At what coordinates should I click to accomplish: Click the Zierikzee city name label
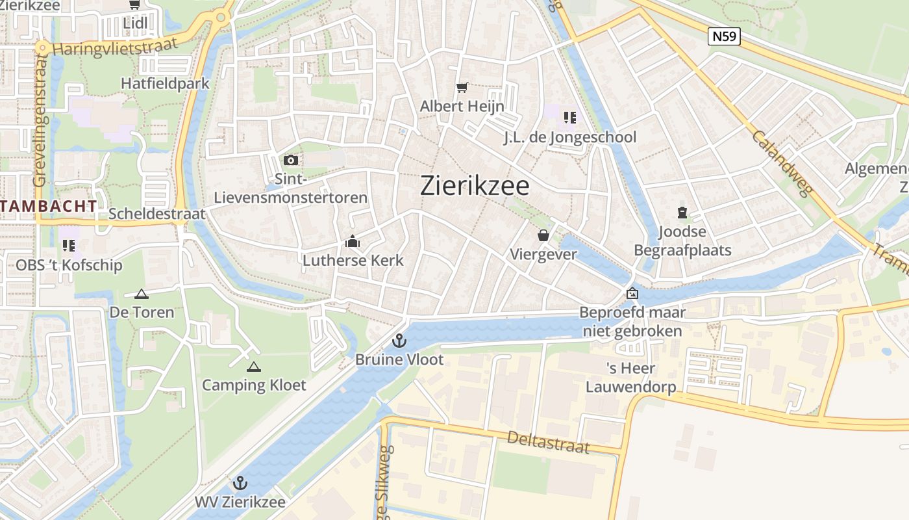[x=475, y=186]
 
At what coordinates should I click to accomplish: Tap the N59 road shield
[x=724, y=36]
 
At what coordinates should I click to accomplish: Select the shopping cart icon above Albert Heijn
[x=462, y=87]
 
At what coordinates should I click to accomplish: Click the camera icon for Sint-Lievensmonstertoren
[x=290, y=160]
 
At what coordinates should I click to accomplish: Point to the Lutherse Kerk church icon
[x=353, y=242]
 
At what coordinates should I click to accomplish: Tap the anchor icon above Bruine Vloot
[x=399, y=341]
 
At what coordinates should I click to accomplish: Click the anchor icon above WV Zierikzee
[x=240, y=483]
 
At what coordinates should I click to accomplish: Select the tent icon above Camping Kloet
[x=254, y=367]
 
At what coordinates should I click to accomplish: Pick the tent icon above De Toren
[x=142, y=294]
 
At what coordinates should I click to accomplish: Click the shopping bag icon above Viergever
[x=543, y=235]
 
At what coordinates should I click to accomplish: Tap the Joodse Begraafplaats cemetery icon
[x=682, y=213]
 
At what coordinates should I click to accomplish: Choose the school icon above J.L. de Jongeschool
[x=569, y=118]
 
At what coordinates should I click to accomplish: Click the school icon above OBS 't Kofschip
[x=69, y=246]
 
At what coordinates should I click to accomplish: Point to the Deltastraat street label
[x=549, y=442]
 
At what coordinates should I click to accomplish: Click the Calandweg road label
[x=782, y=163]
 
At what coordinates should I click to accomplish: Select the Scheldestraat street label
[x=156, y=213]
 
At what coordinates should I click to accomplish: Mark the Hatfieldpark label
[x=165, y=83]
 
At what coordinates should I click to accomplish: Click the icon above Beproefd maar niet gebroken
[x=632, y=294]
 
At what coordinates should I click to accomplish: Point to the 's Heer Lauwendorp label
[x=630, y=378]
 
